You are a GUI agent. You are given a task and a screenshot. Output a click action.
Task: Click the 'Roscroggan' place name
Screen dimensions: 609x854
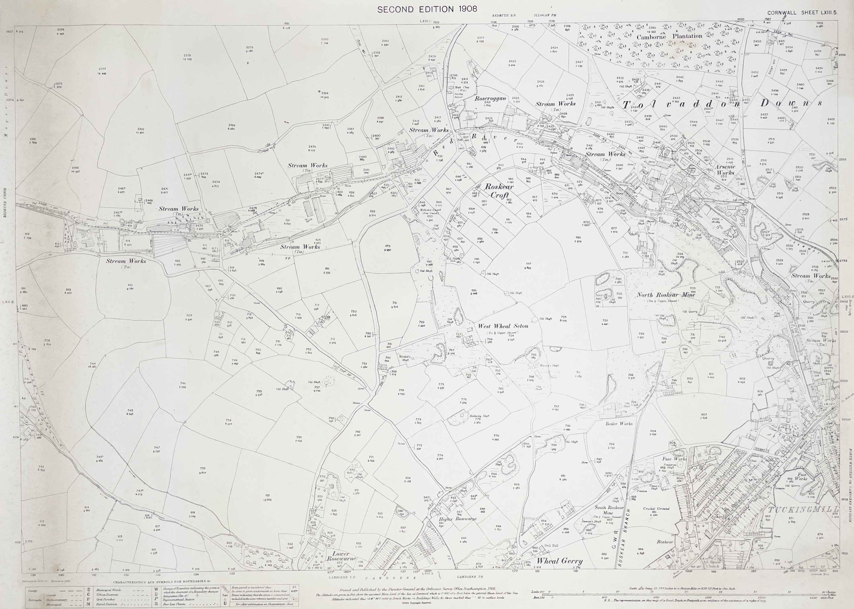tap(490, 99)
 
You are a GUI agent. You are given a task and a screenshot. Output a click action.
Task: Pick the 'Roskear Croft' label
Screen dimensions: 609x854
tap(499, 190)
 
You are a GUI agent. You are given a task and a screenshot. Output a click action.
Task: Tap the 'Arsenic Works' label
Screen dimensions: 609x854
tap(725, 169)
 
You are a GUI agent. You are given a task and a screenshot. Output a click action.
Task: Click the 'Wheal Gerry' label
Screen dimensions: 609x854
tap(559, 561)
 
